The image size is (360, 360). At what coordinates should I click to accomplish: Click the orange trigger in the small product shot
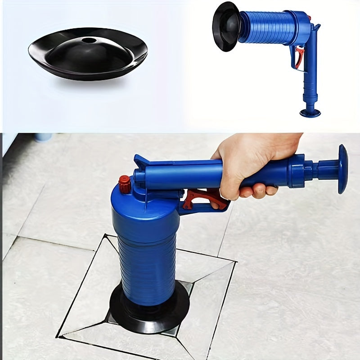298,58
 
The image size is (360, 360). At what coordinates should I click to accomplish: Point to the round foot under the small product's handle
310,112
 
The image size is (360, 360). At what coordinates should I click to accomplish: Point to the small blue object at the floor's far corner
43,136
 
